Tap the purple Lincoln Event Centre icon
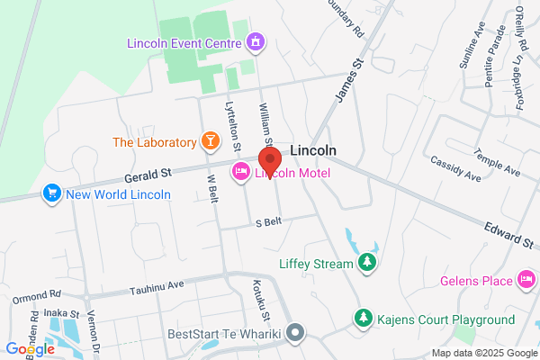pyautogui.click(x=256, y=41)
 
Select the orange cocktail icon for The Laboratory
pyautogui.click(x=210, y=141)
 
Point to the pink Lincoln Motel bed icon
pyautogui.click(x=241, y=173)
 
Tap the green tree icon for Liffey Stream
pyautogui.click(x=366, y=262)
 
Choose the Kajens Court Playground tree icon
pyautogui.click(x=362, y=319)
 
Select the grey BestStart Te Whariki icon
pyautogui.click(x=296, y=334)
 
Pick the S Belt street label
pyautogui.click(x=270, y=222)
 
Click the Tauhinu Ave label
pyautogui.click(x=157, y=285)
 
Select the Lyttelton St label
pyautogui.click(x=233, y=125)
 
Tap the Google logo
pyautogui.click(x=30, y=348)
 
